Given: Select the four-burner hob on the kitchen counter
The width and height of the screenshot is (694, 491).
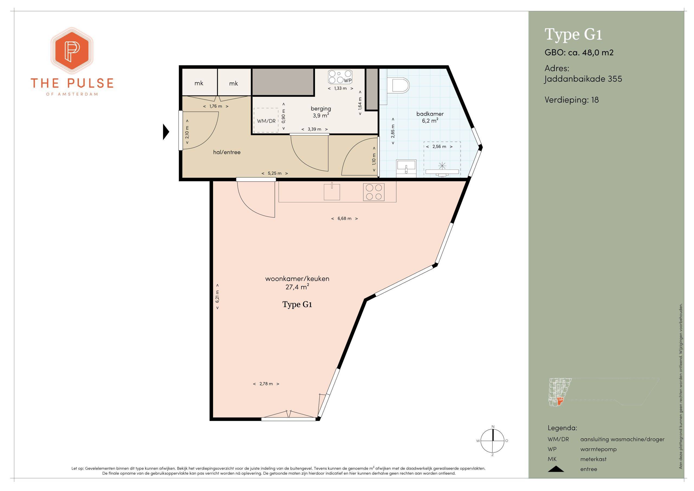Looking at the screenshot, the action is click(374, 192).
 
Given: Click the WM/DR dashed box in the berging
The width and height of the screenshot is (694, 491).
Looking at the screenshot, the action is click(266, 120).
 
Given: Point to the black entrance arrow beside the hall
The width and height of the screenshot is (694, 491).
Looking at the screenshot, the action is click(166, 132).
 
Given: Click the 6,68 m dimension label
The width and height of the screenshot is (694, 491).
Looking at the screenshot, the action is click(344, 218).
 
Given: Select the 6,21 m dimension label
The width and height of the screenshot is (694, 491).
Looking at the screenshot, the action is click(217, 296).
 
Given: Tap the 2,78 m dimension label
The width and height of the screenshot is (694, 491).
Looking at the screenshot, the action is click(266, 384).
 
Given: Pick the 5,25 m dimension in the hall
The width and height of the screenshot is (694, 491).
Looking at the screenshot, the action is click(274, 173).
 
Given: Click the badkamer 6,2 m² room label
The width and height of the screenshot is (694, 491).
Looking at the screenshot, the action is click(430, 117).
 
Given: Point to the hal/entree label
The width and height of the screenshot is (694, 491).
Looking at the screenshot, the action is click(227, 152).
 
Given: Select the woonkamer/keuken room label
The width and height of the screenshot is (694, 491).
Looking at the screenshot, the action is click(297, 283).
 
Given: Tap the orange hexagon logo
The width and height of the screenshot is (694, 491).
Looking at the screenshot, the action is click(72, 50).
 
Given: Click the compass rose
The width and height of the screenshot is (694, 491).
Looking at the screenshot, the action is click(493, 441).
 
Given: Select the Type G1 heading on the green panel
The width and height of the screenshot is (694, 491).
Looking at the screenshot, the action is click(573, 34).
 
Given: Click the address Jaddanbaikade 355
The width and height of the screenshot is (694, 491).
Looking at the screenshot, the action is click(583, 79).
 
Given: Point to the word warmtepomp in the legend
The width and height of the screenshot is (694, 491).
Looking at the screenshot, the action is click(599, 449).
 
